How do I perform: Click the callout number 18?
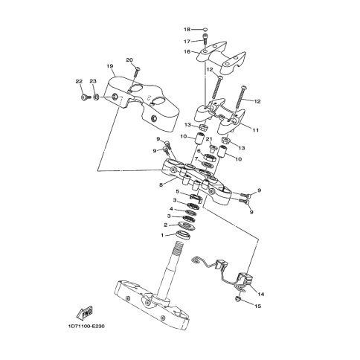click(187, 30)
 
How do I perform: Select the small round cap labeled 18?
click(205, 30)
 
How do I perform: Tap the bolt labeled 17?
click(205, 39)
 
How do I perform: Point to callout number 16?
click(187, 52)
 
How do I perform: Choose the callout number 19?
click(110, 66)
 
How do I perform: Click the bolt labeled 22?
click(85, 97)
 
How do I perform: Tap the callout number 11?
click(256, 130)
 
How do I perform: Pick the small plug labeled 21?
click(213, 149)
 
